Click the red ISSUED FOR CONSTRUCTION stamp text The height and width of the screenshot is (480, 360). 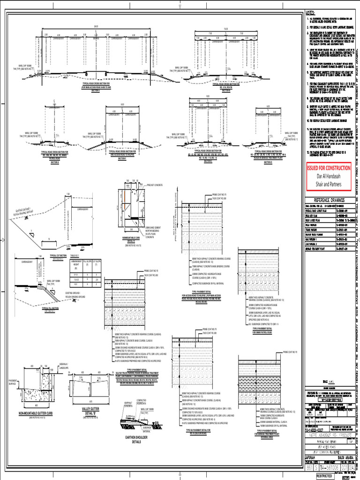pyautogui.click(x=328, y=168)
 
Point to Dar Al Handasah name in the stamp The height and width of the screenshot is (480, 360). pyautogui.click(x=328, y=176)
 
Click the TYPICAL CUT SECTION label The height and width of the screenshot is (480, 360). pyautogui.click(x=60, y=255)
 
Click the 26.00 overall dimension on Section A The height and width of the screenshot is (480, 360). pyautogui.click(x=97, y=26)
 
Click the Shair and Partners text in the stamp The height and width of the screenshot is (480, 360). pyautogui.click(x=328, y=184)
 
